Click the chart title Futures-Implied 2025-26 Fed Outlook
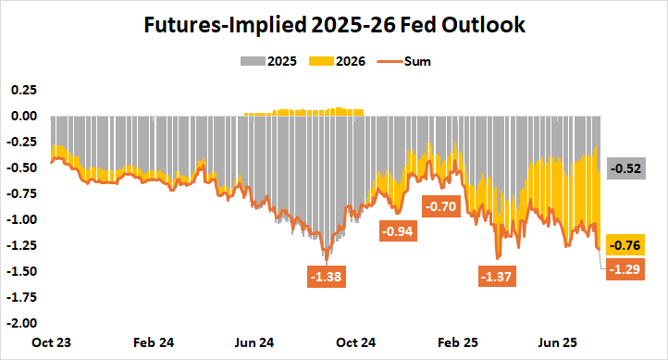coord(334,26)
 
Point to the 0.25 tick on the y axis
coord(23,90)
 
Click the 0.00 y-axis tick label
coord(23,116)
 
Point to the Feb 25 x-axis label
coord(456,341)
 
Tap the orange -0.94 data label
coord(399,231)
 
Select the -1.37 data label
coord(498,276)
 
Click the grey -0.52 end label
coord(625,168)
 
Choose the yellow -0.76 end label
coord(625,245)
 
